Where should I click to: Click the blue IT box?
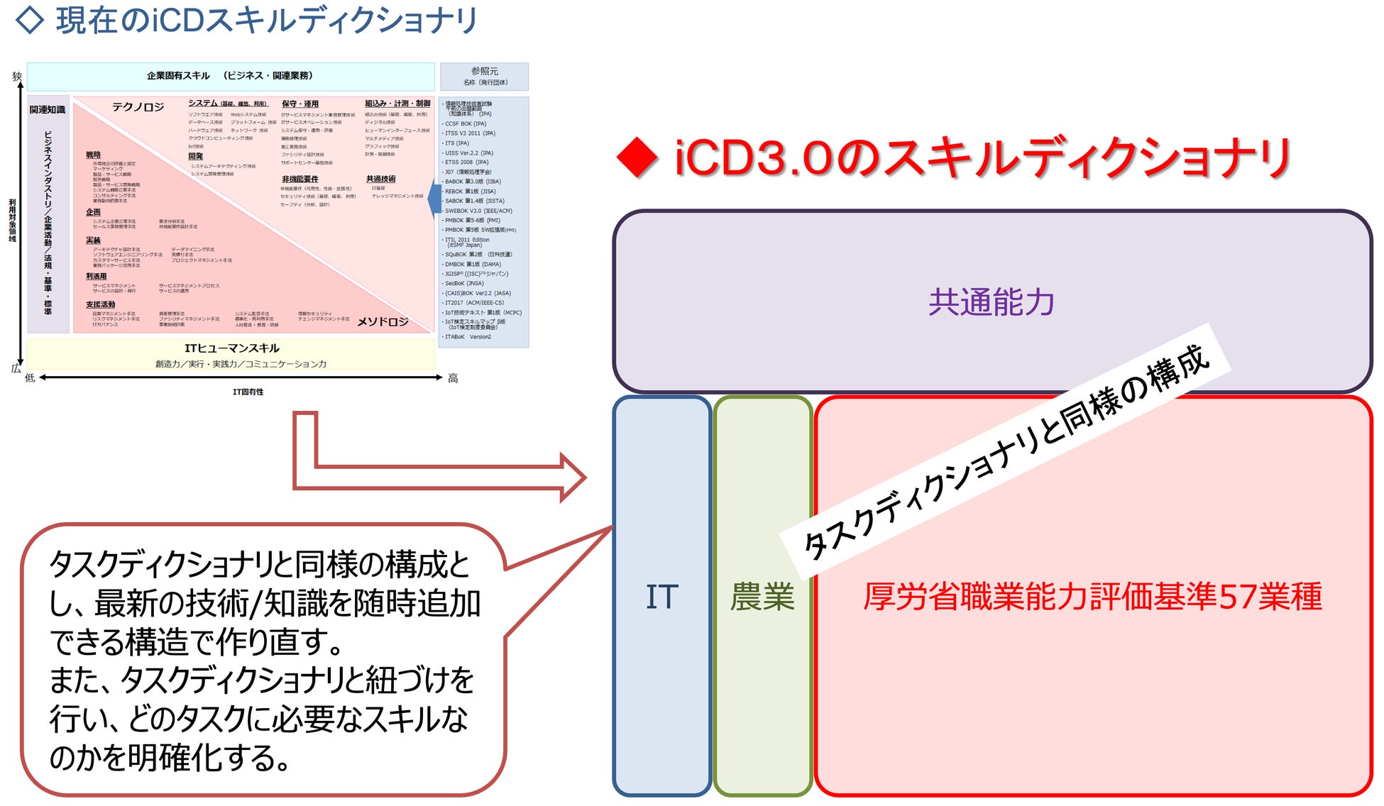pos(661,596)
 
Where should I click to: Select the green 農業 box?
pos(762,596)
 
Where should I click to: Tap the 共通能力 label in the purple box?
pos(992,302)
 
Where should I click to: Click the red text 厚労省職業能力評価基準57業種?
pos(1092,596)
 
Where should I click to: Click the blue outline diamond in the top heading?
pos(30,20)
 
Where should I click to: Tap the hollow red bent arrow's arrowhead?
pos(571,477)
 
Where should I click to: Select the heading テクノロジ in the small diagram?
pos(138,107)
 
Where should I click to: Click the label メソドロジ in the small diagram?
pos(383,321)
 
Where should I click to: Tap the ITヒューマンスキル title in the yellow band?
pos(232,348)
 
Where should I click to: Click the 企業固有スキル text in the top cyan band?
pos(178,76)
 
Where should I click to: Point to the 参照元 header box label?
pos(485,72)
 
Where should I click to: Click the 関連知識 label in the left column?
pos(48,109)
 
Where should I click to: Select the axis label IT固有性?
pos(248,392)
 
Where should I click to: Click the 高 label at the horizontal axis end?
pos(453,379)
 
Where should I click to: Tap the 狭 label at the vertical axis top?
pos(17,76)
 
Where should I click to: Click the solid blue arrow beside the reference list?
pos(434,200)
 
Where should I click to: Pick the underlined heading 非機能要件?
pos(300,179)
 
